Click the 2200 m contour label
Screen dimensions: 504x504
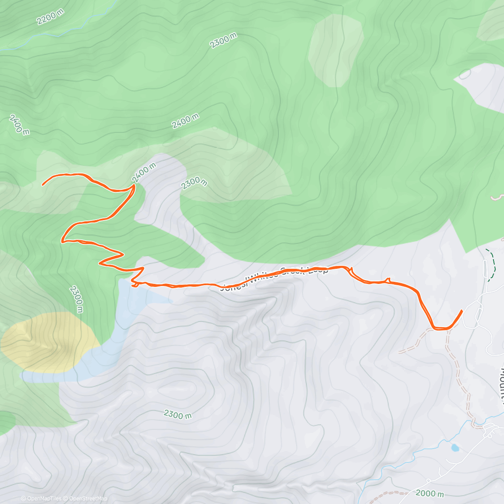50,16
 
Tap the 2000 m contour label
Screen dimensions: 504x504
430,493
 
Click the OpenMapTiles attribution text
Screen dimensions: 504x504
41,499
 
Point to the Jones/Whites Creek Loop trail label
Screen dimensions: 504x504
275,277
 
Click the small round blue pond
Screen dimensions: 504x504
455,448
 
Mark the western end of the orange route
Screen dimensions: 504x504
43,184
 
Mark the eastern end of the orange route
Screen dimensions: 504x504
462,311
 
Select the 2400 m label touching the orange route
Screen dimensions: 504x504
144,173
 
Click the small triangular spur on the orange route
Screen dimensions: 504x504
388,280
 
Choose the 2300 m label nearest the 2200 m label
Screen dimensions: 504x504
223,41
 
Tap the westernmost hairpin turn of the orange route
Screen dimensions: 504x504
63,240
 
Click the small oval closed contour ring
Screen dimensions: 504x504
465,74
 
